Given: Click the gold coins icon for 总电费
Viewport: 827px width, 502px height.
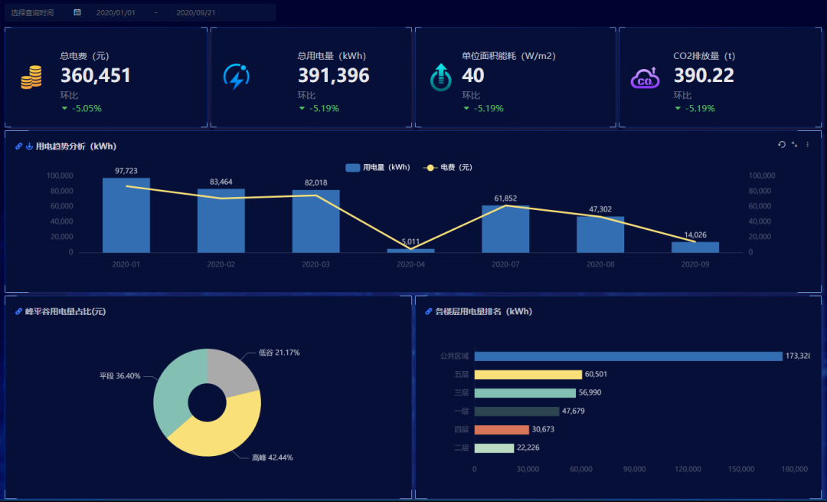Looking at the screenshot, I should pyautogui.click(x=31, y=77).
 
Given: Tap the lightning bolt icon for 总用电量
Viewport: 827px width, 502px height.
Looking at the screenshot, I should pyautogui.click(x=236, y=77).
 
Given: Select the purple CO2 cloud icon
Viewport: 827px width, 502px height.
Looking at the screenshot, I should pyautogui.click(x=645, y=77).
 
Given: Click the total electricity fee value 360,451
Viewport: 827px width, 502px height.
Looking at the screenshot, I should pyautogui.click(x=96, y=76).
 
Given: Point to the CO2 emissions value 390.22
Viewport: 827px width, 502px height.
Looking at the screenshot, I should pyautogui.click(x=704, y=76).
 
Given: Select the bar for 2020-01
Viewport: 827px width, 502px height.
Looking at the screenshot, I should pyautogui.click(x=126, y=215).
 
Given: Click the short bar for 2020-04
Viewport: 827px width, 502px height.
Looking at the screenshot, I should pyautogui.click(x=410, y=250).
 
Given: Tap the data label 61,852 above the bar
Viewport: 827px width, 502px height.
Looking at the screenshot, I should pyautogui.click(x=505, y=199).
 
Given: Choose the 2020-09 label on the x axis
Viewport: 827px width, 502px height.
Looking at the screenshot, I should pyautogui.click(x=695, y=264).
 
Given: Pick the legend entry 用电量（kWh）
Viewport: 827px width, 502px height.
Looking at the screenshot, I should pyautogui.click(x=378, y=167).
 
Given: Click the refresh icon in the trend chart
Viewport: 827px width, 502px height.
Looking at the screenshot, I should pyautogui.click(x=782, y=145).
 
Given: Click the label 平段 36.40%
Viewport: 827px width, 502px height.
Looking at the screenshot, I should pyautogui.click(x=119, y=376).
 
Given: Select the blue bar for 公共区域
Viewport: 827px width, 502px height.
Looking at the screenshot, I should pyautogui.click(x=628, y=356).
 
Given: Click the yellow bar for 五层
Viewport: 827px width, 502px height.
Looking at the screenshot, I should pyautogui.click(x=528, y=375).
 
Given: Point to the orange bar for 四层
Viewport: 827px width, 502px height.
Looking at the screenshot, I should pyautogui.click(x=502, y=430).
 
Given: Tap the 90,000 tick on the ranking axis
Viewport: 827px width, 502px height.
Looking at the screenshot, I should pyautogui.click(x=635, y=469).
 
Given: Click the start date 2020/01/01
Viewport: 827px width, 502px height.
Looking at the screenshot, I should pyautogui.click(x=116, y=12).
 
